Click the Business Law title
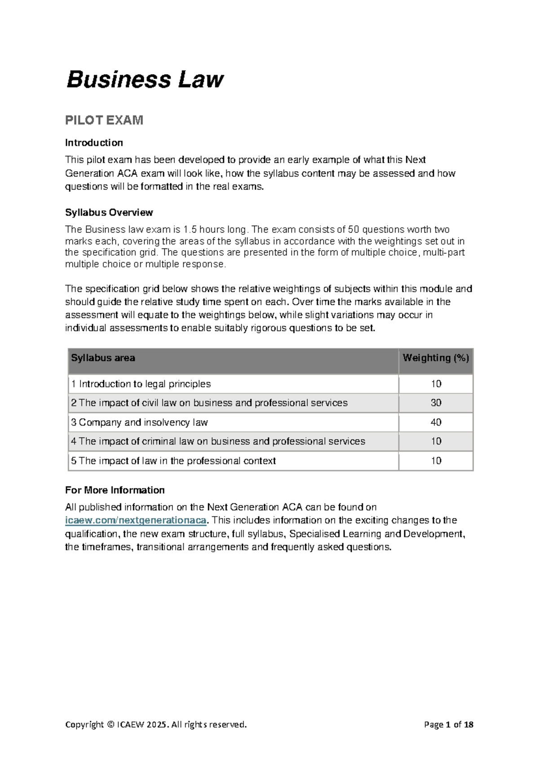coord(145,80)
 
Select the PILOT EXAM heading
coord(104,120)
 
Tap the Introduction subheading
coord(94,143)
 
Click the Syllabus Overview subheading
coord(109,213)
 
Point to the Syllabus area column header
coord(103,358)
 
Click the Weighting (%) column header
coord(436,358)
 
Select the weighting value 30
coord(436,403)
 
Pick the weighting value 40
coord(436,422)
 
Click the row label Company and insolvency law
coord(139,422)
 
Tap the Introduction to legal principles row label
coord(141,384)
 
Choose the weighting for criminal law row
coord(436,441)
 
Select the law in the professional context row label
coord(173,461)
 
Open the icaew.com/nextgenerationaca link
coord(136,520)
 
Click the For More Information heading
coord(115,490)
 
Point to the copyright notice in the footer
coord(156,725)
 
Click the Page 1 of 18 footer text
coord(448,725)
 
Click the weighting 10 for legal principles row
coord(436,384)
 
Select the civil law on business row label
coord(209,403)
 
